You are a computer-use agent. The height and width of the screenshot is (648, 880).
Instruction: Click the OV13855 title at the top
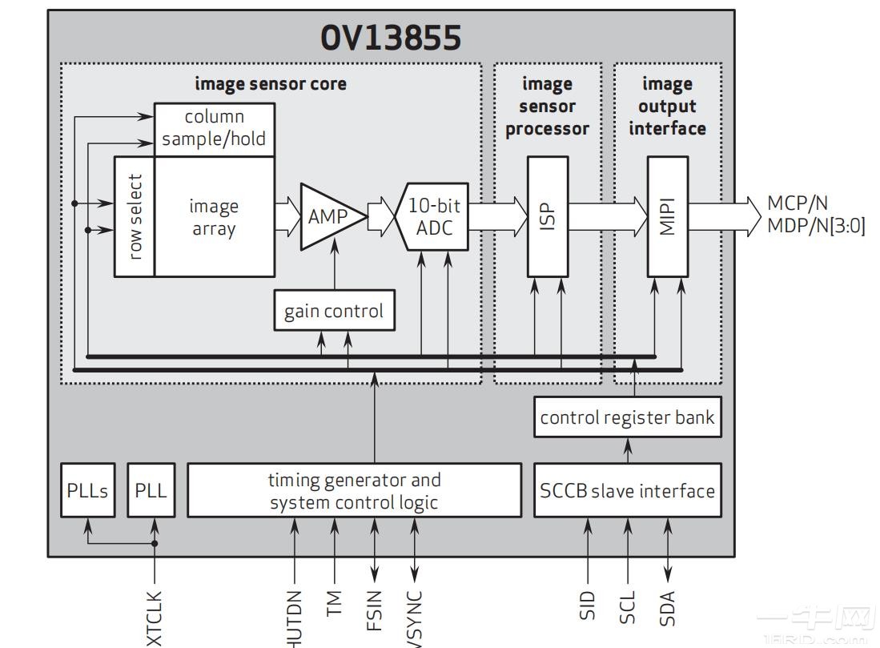(x=392, y=38)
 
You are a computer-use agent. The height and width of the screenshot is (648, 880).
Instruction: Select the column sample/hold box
(x=214, y=129)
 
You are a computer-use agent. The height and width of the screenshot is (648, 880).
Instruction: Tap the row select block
(x=135, y=216)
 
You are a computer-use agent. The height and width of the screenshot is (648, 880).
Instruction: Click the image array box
(x=214, y=217)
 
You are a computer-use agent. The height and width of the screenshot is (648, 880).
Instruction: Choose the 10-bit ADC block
(x=431, y=216)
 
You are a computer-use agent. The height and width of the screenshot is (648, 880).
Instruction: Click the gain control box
(x=334, y=310)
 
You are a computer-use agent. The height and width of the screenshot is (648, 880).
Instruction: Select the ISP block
(x=548, y=216)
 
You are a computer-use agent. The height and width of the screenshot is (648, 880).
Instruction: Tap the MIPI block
(x=668, y=216)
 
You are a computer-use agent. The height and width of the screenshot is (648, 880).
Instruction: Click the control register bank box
(x=627, y=417)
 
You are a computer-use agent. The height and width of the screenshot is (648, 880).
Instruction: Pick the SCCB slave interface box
(x=627, y=489)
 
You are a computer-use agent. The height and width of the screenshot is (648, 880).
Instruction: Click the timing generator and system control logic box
(x=354, y=490)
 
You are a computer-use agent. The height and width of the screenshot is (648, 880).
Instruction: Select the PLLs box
(x=86, y=489)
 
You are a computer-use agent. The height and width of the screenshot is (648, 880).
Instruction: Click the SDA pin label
(x=668, y=607)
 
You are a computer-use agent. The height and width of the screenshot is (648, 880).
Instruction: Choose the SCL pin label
(x=628, y=607)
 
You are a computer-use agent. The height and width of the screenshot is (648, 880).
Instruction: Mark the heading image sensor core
(x=271, y=83)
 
